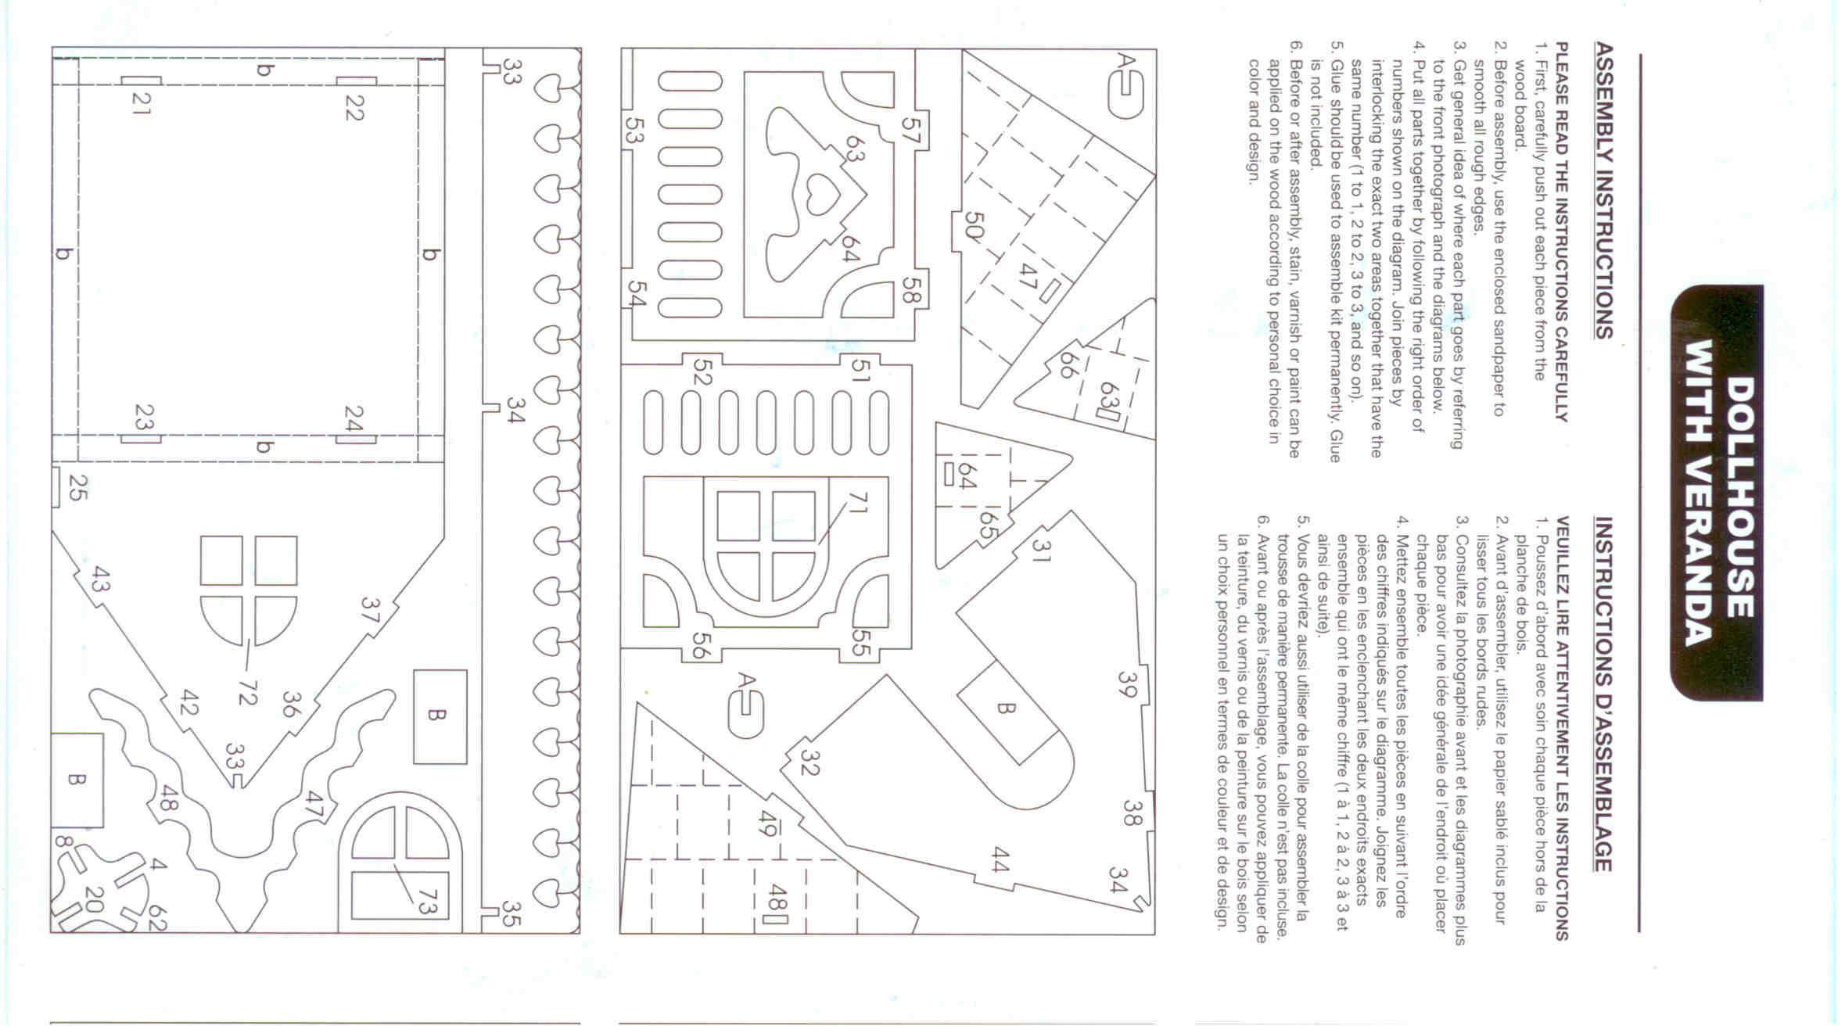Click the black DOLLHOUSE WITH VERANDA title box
coord(1717,493)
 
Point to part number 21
coord(141,102)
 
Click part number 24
coord(354,418)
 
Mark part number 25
coord(77,487)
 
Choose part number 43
coord(100,579)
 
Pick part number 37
coord(370,610)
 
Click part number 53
coord(634,129)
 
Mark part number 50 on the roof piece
coord(975,227)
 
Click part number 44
coord(1000,859)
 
